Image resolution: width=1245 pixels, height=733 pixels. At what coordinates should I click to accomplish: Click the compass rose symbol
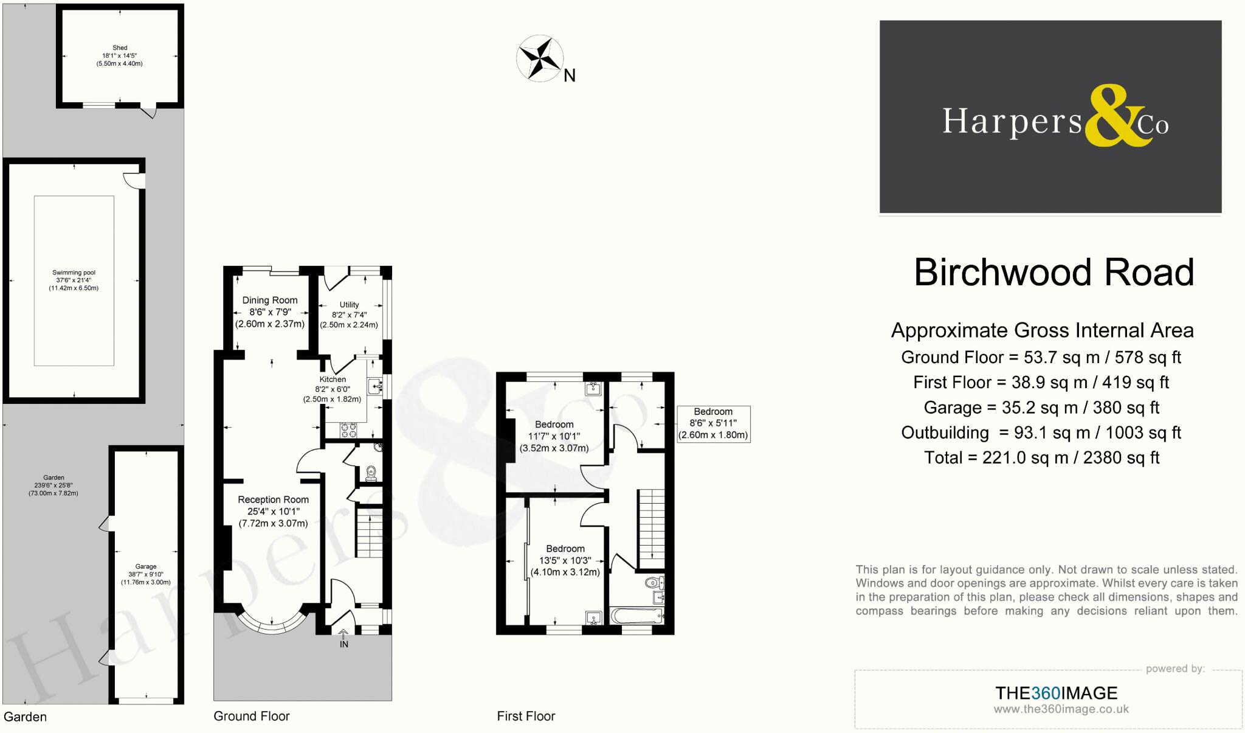(x=539, y=59)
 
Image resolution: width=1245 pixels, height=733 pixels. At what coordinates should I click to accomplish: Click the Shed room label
(x=120, y=47)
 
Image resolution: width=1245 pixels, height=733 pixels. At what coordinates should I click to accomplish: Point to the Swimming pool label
(x=74, y=273)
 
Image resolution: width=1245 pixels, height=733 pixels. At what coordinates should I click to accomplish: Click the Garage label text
(x=146, y=566)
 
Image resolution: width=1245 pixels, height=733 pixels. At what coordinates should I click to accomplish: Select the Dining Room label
(x=270, y=300)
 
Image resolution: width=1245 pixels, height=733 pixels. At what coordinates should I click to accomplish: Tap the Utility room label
(x=349, y=304)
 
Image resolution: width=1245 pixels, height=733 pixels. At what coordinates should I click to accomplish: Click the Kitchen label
(x=333, y=379)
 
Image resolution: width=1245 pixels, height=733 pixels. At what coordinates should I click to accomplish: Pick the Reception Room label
(x=273, y=499)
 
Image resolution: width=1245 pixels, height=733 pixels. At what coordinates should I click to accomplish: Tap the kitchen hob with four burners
(x=348, y=430)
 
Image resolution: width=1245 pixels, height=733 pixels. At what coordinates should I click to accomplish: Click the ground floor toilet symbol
(x=371, y=473)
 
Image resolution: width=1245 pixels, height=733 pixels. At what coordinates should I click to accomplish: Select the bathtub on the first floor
(x=636, y=617)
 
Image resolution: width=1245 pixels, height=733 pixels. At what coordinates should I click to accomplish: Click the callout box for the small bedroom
(x=713, y=423)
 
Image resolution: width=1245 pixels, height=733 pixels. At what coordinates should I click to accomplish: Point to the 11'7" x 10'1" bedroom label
(x=554, y=436)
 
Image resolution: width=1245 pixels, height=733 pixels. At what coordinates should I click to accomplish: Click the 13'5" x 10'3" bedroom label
(x=565, y=560)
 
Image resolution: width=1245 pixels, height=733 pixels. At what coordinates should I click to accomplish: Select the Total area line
(x=1041, y=457)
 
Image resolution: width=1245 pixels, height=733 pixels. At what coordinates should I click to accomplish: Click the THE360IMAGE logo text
(x=1056, y=693)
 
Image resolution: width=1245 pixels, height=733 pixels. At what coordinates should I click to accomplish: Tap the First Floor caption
(x=526, y=716)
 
